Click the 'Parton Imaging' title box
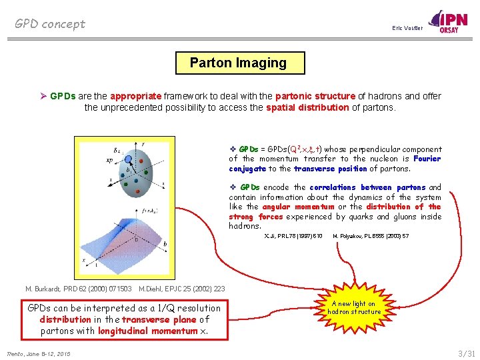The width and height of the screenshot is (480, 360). [238, 63]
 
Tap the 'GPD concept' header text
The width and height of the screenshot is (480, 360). [50, 24]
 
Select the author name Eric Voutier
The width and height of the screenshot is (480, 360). [407, 28]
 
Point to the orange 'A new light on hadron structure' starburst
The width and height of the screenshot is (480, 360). [354, 307]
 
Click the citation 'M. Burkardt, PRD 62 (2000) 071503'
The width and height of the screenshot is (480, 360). [78, 289]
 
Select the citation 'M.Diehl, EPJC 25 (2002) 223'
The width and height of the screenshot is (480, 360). [181, 289]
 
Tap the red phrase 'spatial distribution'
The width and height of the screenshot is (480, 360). [307, 107]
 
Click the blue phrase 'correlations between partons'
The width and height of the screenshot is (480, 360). [374, 187]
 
